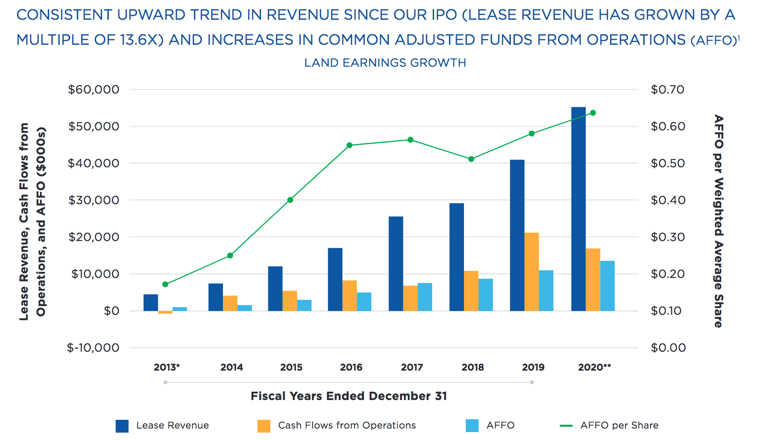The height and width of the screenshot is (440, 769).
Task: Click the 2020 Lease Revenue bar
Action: pos(578,209)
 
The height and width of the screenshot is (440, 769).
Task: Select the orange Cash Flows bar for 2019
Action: pos(532,272)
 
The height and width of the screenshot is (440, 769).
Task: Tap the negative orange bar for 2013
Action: pos(165,312)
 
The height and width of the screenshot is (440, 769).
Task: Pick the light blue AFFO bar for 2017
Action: pos(424,297)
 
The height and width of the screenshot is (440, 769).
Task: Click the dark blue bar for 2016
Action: pos(335,279)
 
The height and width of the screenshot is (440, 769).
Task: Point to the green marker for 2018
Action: pos(471,159)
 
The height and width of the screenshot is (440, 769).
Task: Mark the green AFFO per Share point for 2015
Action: pos(290,200)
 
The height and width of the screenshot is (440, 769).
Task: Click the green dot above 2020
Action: pos(593,113)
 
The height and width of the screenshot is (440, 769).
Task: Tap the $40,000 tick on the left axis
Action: pos(93,163)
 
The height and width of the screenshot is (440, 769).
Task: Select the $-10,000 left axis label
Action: pos(93,348)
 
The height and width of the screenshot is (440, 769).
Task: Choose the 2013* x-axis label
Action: pos(167,367)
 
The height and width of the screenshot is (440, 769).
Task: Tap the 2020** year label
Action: pos(594,367)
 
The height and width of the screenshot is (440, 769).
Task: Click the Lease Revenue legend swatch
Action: pos(122,426)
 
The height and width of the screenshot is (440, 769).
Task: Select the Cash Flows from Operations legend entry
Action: pos(347,426)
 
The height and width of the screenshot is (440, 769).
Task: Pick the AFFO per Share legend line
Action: pos(566,426)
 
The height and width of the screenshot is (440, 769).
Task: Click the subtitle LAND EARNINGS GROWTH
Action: pos(385,63)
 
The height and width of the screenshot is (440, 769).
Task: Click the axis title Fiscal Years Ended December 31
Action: pos(349,396)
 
